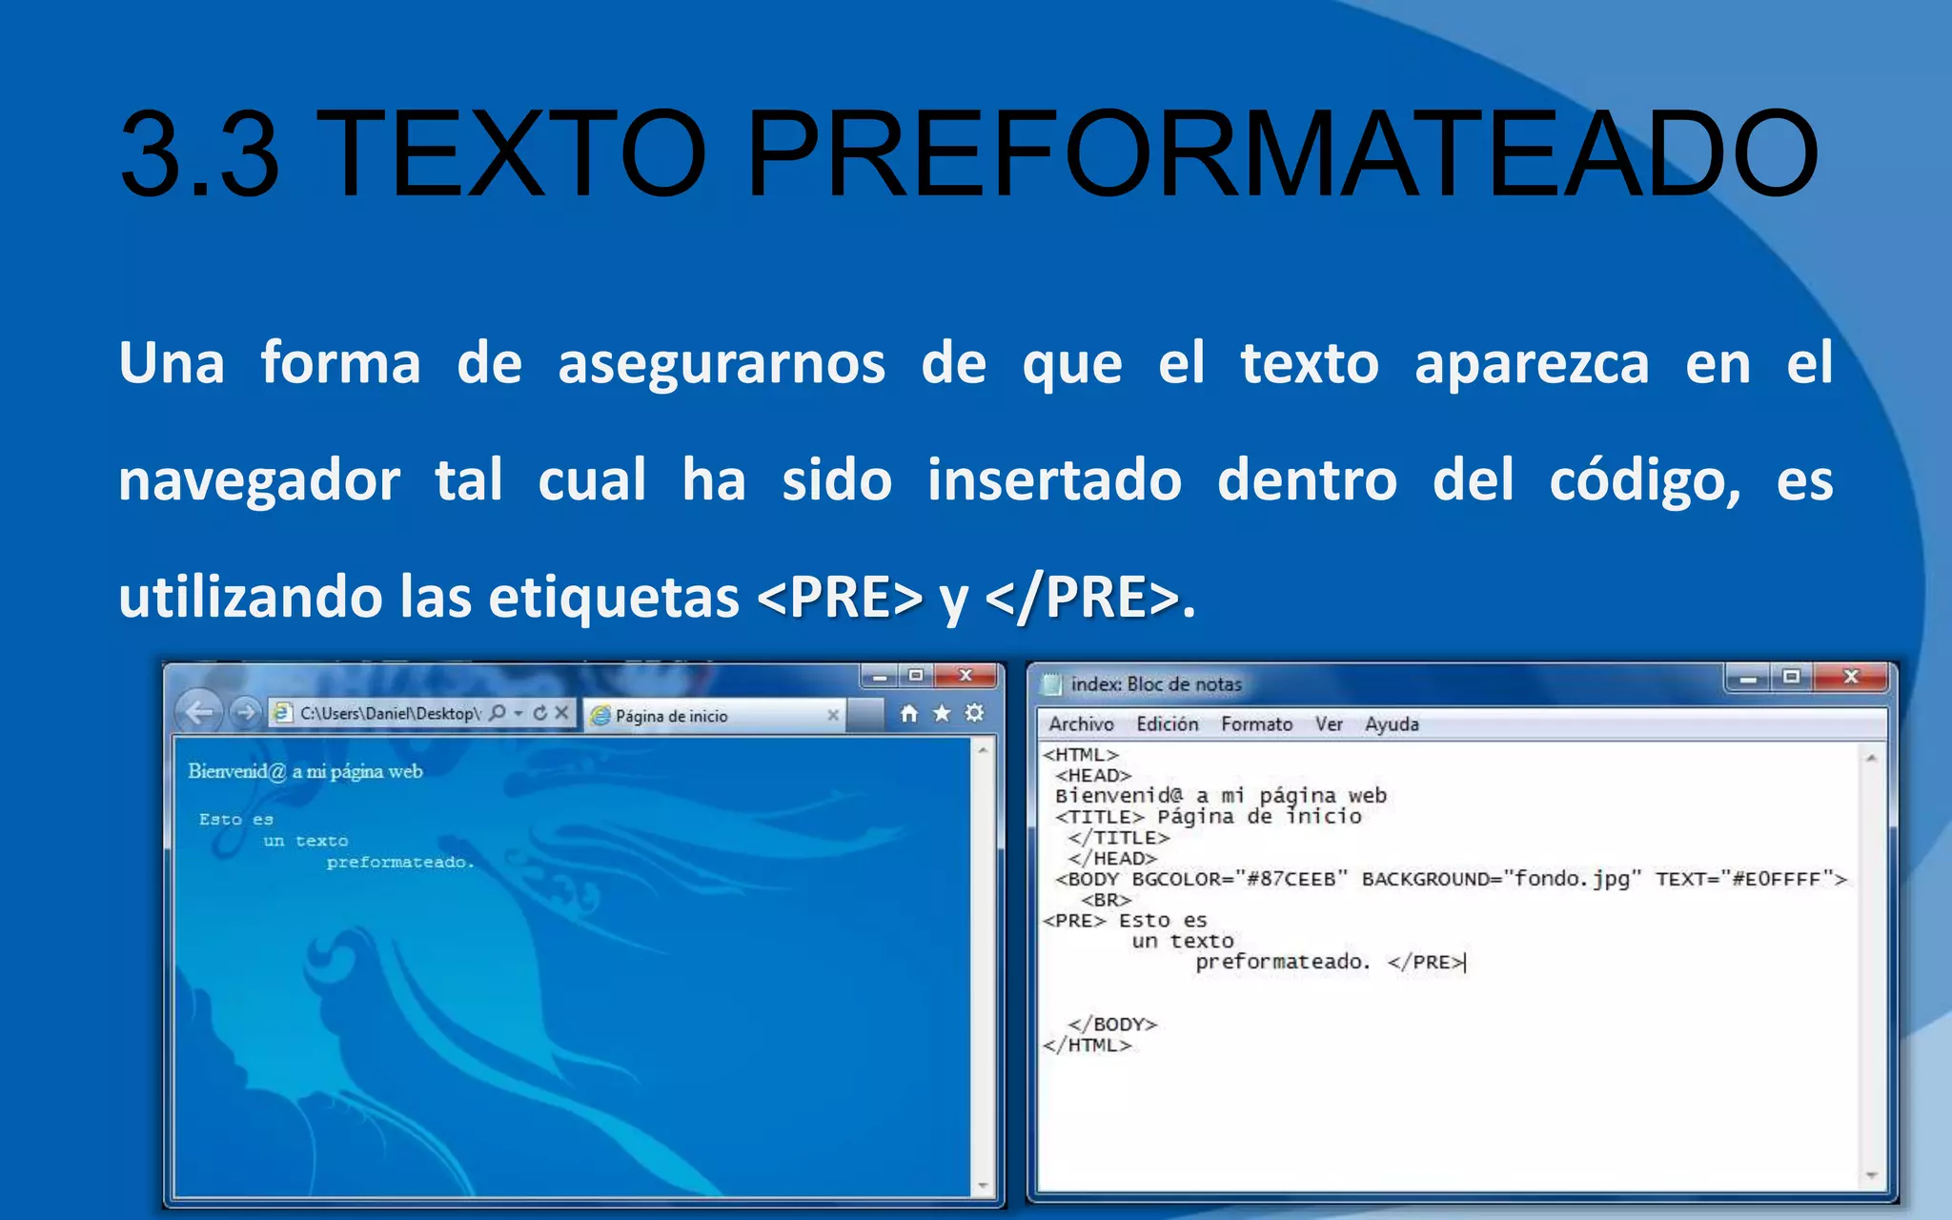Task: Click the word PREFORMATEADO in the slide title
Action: (x=1282, y=154)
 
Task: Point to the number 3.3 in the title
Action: (x=200, y=154)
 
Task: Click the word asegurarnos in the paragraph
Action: (x=722, y=364)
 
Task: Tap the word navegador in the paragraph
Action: (x=259, y=480)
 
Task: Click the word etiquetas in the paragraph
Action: (x=614, y=598)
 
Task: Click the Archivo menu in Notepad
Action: (x=1081, y=724)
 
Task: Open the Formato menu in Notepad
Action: (x=1256, y=724)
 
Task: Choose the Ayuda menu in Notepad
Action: (x=1392, y=724)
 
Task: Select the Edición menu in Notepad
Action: (x=1167, y=724)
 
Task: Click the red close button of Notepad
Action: (x=1851, y=677)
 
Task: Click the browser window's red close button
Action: (x=966, y=676)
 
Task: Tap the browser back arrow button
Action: (x=199, y=713)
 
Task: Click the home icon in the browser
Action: (x=909, y=714)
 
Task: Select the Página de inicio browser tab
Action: (x=671, y=716)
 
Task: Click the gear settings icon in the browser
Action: (x=974, y=713)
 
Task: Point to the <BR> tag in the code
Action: (x=1106, y=900)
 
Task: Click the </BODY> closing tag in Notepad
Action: (x=1112, y=1025)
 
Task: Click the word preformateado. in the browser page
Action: (x=400, y=863)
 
